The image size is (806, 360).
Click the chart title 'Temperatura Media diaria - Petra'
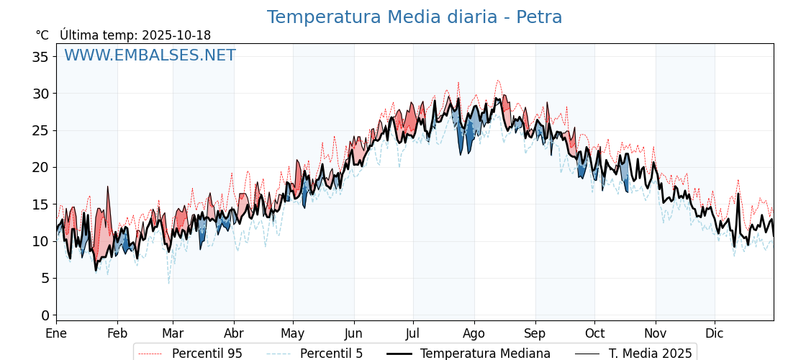415,17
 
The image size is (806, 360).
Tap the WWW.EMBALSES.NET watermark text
150,55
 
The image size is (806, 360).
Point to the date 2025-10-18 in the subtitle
176,35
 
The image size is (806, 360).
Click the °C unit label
42,35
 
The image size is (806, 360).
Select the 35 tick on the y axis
40,57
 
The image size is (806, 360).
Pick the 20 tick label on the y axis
40,167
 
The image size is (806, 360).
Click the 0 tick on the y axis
45,315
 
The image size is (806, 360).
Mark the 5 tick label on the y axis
45,278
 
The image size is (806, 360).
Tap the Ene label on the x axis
56,334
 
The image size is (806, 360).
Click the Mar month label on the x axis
173,334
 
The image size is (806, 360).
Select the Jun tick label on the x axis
353,334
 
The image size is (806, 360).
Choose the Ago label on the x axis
474,334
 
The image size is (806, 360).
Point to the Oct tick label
594,334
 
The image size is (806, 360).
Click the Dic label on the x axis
715,334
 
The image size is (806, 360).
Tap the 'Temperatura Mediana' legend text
485,354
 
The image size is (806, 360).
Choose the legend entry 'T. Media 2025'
651,354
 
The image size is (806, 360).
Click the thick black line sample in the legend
399,354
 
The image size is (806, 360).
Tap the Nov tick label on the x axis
656,334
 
